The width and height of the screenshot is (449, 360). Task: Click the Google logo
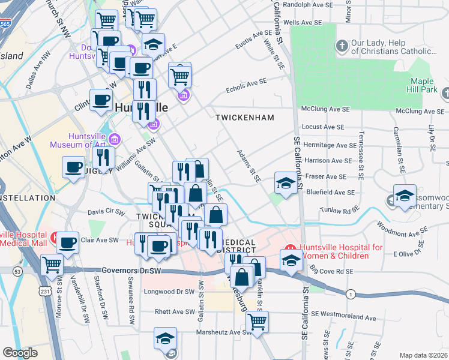coord(20,353)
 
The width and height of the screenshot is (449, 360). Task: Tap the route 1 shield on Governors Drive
coord(349,294)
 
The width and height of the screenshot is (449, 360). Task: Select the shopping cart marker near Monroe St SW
coord(52,263)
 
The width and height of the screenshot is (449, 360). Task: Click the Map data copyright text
coord(424,355)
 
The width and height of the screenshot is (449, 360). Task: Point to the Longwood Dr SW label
coord(170,292)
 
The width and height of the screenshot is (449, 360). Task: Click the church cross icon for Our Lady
coord(342,46)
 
